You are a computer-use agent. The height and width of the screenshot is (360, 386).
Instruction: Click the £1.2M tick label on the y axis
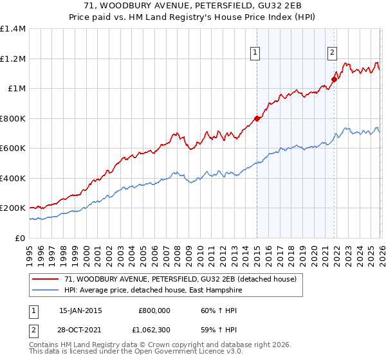(x=14, y=59)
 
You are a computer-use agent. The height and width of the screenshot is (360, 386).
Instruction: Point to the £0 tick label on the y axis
(x=20, y=238)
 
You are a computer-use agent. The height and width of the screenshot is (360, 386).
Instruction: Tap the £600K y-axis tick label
(x=12, y=148)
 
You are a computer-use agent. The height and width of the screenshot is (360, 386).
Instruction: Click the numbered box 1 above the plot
(x=256, y=53)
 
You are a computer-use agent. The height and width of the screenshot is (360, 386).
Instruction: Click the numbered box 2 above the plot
(x=332, y=53)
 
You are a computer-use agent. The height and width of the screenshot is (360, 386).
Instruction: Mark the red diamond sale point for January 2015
(x=257, y=118)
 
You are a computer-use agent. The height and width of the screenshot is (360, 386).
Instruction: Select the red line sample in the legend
(x=46, y=279)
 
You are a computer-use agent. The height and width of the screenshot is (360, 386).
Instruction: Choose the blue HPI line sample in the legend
(x=46, y=289)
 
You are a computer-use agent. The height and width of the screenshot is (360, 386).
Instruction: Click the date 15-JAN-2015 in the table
(x=80, y=310)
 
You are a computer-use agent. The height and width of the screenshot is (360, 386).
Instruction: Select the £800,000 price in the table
(x=154, y=310)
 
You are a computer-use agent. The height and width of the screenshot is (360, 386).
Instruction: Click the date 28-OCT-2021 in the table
(x=80, y=330)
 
